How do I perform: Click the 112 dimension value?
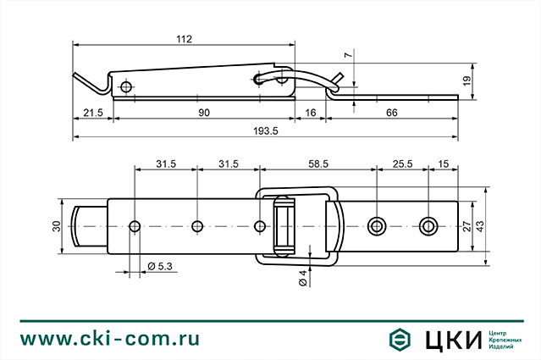coord(185,38)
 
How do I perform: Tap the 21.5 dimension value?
coord(93,113)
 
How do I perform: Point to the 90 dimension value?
coord(204,113)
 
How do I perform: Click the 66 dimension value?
coord(391,113)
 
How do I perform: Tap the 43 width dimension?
coord(500,225)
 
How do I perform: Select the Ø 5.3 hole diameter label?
coord(159,266)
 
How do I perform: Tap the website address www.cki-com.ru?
coord(110,338)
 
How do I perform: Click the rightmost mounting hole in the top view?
coord(429,225)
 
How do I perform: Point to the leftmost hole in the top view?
coord(135,226)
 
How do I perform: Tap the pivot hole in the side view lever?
coord(126,87)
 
